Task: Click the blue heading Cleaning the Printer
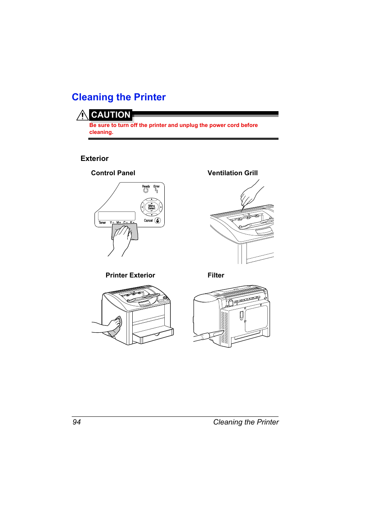pyautogui.click(x=119, y=97)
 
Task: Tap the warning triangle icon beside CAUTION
pyautogui.click(x=82, y=115)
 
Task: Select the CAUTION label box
pyautogui.click(x=111, y=115)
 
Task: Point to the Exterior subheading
pyautogui.click(x=95, y=159)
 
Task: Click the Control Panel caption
pyautogui.click(x=113, y=173)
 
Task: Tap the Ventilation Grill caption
pyautogui.click(x=233, y=173)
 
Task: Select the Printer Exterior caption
pyautogui.click(x=130, y=276)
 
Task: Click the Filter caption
pyautogui.click(x=216, y=276)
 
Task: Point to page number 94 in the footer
pyautogui.click(x=77, y=422)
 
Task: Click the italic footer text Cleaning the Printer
pyautogui.click(x=246, y=422)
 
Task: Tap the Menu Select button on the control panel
pyautogui.click(x=152, y=207)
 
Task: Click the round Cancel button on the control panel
pyautogui.click(x=158, y=221)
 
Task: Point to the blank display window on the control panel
pyautogui.click(x=116, y=216)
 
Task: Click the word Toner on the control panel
pyautogui.click(x=102, y=223)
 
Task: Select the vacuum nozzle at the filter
pyautogui.click(x=210, y=335)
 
